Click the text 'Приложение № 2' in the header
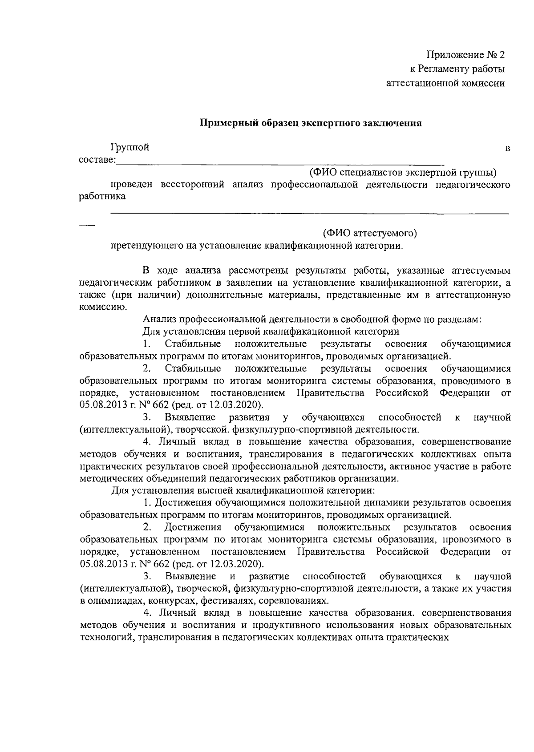pyautogui.click(x=466, y=55)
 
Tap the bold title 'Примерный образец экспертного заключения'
pyautogui.click(x=310, y=123)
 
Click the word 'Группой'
pyautogui.click(x=130, y=148)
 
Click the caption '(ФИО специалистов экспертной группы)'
pyautogui.click(x=403, y=172)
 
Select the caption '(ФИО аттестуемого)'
pyautogui.click(x=370, y=233)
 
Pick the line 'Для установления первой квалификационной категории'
pyautogui.click(x=271, y=332)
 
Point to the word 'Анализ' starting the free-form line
pyautogui.click(x=158, y=319)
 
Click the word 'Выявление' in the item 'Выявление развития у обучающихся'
pyautogui.click(x=190, y=417)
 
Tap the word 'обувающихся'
pyautogui.click(x=410, y=577)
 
